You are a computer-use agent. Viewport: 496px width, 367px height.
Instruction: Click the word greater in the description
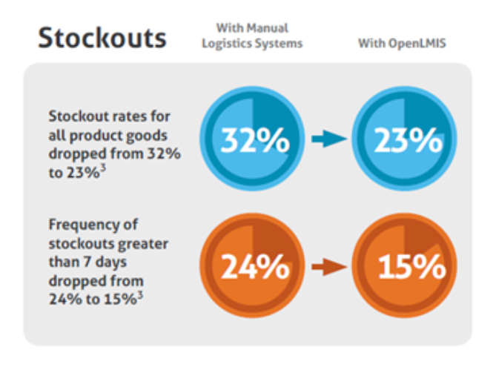pos(146,243)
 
